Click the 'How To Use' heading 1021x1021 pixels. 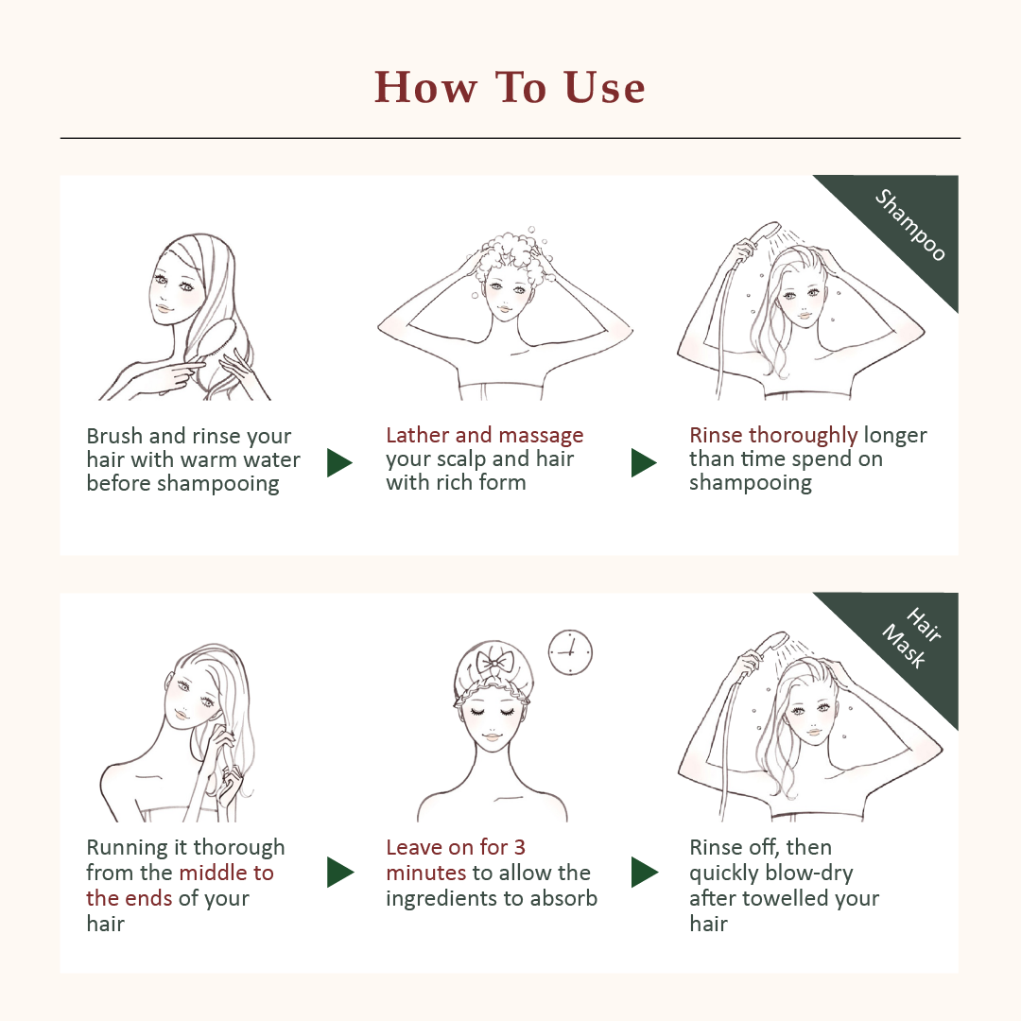(x=510, y=87)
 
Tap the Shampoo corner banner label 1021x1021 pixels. (x=909, y=225)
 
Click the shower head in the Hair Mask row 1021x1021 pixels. (x=771, y=644)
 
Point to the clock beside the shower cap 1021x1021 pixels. (x=570, y=651)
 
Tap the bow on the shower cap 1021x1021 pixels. (x=494, y=664)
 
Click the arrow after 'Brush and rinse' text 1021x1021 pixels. (x=339, y=462)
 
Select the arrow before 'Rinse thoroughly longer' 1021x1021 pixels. (x=644, y=462)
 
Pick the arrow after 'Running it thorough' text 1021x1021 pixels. (x=340, y=872)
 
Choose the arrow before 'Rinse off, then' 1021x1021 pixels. (x=645, y=872)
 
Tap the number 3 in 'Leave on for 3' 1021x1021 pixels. (x=519, y=847)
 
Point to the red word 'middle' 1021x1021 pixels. (x=213, y=873)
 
